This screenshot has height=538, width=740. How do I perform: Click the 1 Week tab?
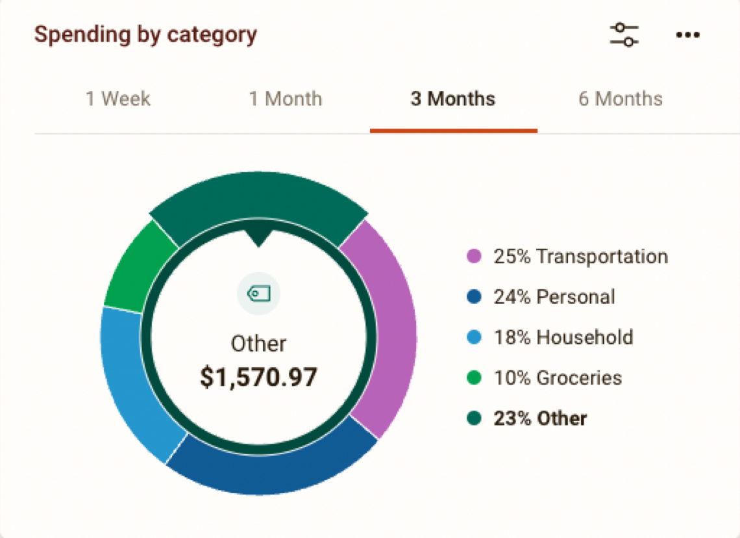tap(117, 99)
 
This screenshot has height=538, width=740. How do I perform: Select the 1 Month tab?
tap(285, 99)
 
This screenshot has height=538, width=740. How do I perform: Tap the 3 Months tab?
tap(452, 99)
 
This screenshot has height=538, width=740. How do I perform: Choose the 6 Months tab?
tap(620, 99)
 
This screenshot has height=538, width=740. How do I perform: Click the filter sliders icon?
tap(624, 34)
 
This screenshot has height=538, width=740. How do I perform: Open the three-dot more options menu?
tap(687, 35)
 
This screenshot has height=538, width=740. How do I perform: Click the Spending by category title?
tap(145, 34)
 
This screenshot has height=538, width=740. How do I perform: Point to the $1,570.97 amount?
tap(258, 377)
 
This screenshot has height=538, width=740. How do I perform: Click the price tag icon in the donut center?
tap(258, 294)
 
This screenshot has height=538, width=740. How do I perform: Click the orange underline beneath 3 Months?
tap(453, 131)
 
